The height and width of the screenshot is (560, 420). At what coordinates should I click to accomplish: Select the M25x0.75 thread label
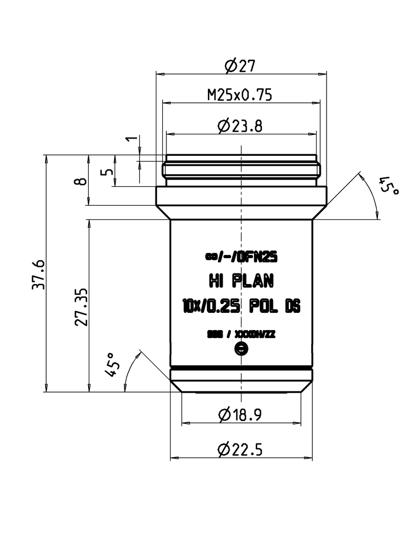239,95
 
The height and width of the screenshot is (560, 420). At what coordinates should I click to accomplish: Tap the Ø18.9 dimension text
240,415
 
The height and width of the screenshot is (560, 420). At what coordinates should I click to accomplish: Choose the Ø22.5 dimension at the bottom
240,450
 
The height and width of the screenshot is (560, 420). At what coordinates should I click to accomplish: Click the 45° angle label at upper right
389,186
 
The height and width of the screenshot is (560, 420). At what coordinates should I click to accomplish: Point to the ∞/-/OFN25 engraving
240,257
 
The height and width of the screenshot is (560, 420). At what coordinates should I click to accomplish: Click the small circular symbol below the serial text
241,348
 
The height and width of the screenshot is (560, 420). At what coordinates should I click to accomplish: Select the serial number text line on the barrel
240,334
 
